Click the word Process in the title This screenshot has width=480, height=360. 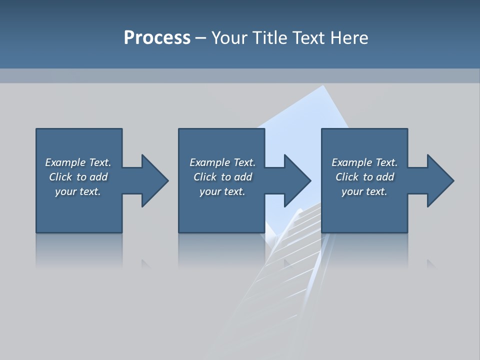coord(157,38)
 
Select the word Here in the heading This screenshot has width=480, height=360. coord(349,38)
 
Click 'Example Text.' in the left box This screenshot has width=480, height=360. coord(78,162)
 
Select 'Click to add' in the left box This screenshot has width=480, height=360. coord(78,177)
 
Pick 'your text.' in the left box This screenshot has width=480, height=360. coord(78,191)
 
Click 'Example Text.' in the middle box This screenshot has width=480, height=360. coord(222,162)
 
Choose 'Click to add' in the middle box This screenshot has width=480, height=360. coord(222,177)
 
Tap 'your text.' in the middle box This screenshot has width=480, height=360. coord(222,191)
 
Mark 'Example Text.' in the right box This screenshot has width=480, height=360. coord(364,162)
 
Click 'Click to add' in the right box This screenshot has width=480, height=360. coord(364,177)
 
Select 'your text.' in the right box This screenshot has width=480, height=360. coord(364,191)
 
